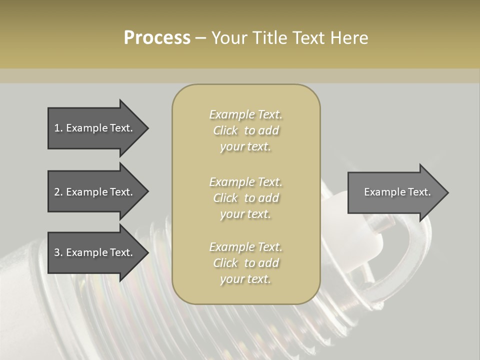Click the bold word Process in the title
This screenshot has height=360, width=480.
click(157, 38)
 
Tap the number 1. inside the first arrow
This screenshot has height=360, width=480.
click(58, 128)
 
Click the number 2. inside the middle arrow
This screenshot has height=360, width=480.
click(58, 192)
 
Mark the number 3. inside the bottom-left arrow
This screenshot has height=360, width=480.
click(58, 252)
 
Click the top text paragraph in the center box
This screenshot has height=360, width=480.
click(246, 130)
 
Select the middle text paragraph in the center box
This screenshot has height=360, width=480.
click(246, 198)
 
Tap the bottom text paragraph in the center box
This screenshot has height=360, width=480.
click(246, 263)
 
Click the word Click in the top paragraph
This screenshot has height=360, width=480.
click(225, 130)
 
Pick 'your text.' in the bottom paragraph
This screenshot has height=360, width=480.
click(245, 279)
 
